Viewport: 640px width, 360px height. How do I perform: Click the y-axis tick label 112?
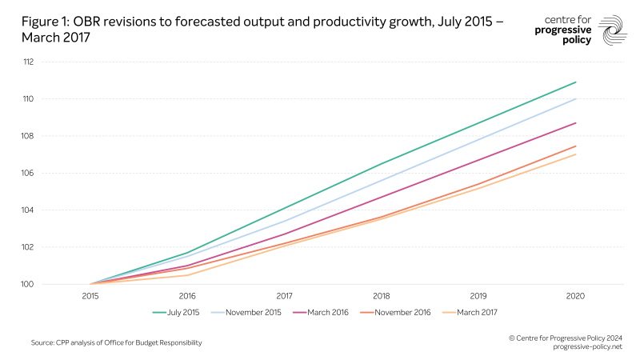point(27,62)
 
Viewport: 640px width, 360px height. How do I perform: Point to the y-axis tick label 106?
point(27,173)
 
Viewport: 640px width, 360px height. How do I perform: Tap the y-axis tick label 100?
point(27,284)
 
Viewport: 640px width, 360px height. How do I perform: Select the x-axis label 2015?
point(90,295)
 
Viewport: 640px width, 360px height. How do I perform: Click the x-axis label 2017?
point(284,295)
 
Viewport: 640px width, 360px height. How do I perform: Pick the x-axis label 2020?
point(575,295)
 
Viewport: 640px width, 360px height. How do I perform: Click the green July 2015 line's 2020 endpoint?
point(575,82)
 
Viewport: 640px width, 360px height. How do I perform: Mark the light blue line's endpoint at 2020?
point(575,99)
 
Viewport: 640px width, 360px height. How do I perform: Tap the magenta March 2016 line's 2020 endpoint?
point(575,123)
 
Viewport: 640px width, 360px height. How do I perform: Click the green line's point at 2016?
point(187,253)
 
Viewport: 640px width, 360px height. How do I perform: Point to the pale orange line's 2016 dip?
point(187,275)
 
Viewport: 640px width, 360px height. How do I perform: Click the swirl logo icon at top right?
point(613,30)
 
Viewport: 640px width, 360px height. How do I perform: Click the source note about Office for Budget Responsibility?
point(116,342)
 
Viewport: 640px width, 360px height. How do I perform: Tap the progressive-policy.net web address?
point(586,346)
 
